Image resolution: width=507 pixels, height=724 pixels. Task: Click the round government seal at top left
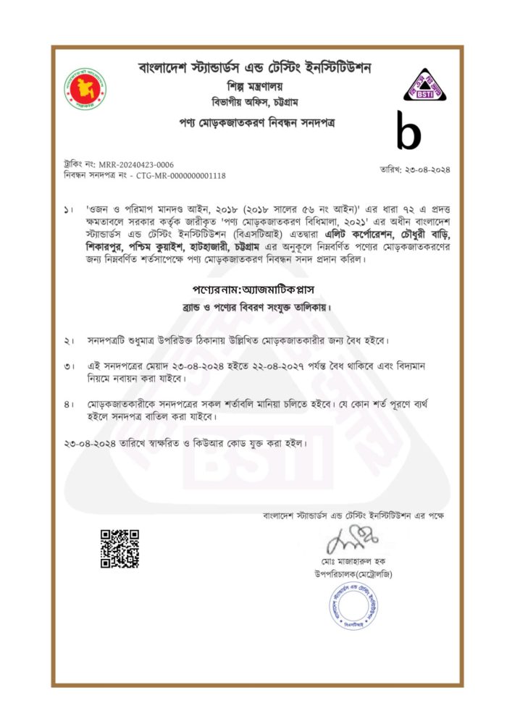pyautogui.click(x=87, y=89)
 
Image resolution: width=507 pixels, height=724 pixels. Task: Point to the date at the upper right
pyautogui.click(x=415, y=169)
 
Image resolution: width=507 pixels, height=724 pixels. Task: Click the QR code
pyautogui.click(x=120, y=549)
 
